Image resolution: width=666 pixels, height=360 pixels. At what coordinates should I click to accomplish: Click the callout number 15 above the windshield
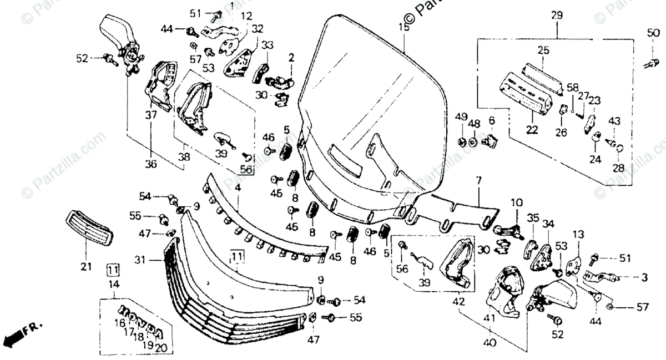click(x=403, y=26)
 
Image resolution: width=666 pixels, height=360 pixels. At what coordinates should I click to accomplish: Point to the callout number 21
click(x=85, y=267)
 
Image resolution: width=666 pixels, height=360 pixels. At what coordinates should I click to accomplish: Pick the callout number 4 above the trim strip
click(x=238, y=188)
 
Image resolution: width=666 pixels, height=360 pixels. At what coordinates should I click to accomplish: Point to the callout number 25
click(x=543, y=50)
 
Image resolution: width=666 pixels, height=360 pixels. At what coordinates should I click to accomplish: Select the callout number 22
click(x=532, y=131)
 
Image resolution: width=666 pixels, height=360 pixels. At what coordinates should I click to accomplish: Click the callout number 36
click(x=152, y=164)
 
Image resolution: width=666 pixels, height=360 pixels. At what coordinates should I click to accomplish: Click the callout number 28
click(x=618, y=168)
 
